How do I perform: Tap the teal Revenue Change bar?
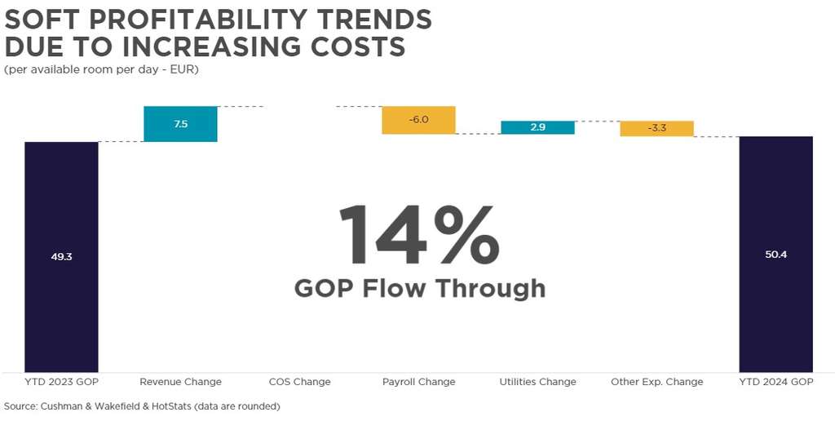[180, 124]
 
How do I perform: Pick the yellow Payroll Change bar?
[418, 120]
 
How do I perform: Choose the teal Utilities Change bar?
[537, 127]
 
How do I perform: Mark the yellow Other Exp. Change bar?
[656, 128]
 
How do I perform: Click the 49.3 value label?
[61, 256]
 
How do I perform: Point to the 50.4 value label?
[775, 255]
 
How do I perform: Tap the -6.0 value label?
[418, 119]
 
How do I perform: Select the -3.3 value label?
[656, 128]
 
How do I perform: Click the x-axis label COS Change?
[299, 382]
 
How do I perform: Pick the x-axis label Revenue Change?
[180, 382]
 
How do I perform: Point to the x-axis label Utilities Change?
[537, 382]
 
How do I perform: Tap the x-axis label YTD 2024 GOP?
[775, 382]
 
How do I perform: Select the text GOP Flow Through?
[419, 288]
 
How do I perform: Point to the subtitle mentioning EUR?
[101, 69]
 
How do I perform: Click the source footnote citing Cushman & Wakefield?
[142, 405]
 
